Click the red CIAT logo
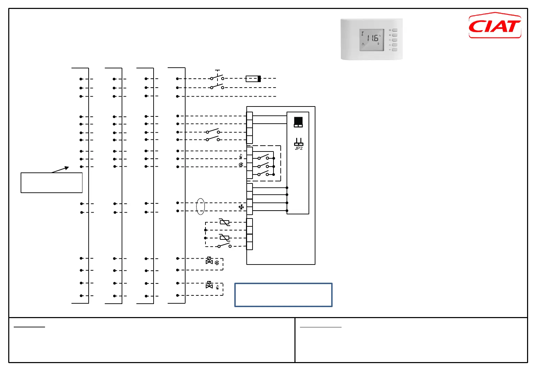495,26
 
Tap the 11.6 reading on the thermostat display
372,38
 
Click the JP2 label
299,148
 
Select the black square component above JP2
298,122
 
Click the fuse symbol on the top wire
253,79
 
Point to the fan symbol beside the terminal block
241,207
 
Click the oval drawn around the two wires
200,206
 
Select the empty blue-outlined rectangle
283,295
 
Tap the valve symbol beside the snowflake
209,261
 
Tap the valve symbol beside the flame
209,285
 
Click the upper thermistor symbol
224,222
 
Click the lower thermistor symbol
224,237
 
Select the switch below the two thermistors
224,246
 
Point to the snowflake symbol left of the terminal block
241,165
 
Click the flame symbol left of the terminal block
241,157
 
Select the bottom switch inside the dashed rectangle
263,174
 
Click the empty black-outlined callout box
52,183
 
